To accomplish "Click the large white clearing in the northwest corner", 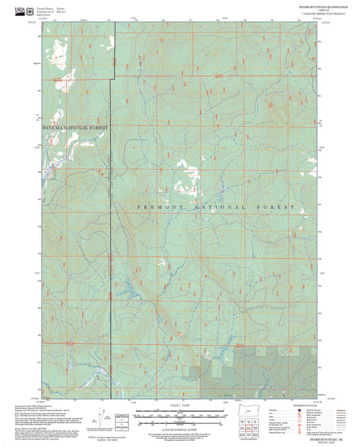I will point(58,51).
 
